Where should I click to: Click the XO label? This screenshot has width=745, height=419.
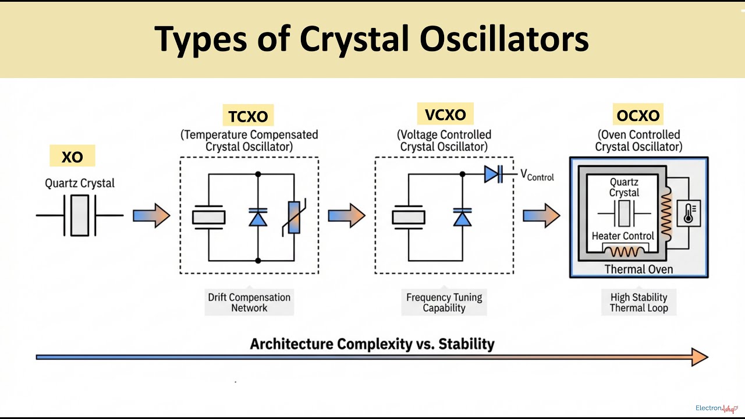click(x=72, y=157)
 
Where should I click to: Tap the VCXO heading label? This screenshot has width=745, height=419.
click(x=445, y=115)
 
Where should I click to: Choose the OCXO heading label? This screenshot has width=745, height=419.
click(x=638, y=115)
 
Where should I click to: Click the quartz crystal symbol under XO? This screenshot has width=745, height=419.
click(x=80, y=215)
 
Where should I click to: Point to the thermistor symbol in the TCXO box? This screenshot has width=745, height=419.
click(x=293, y=216)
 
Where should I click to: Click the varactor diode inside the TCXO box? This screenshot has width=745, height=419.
click(x=258, y=217)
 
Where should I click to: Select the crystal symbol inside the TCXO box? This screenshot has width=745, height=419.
click(x=208, y=216)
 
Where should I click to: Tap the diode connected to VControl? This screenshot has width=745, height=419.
click(x=493, y=173)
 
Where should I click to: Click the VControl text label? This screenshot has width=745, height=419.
click(x=537, y=175)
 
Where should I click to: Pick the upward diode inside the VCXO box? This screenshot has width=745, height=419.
click(x=462, y=217)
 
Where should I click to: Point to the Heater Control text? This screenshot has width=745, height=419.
click(x=623, y=236)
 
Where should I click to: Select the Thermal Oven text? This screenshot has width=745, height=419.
click(x=638, y=269)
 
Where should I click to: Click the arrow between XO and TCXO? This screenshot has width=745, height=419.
click(x=151, y=216)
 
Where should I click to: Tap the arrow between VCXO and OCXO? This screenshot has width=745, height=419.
click(x=541, y=216)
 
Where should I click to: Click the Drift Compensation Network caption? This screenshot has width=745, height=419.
click(x=249, y=303)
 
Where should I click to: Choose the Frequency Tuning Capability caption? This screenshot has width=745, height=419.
click(x=444, y=303)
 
